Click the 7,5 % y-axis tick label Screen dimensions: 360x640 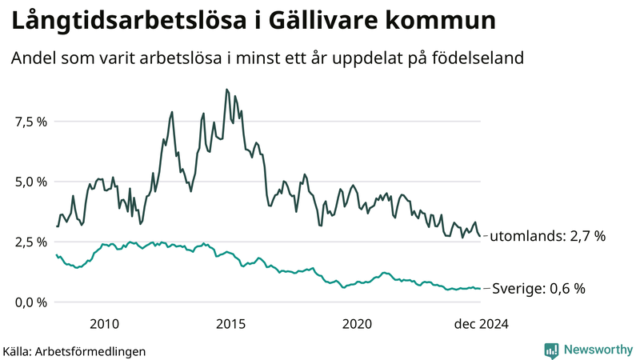[30, 122]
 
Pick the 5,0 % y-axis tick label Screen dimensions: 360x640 [30, 182]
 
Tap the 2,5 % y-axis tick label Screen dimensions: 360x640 [30, 242]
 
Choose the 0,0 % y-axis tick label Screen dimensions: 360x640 [30, 302]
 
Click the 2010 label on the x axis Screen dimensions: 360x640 [105, 323]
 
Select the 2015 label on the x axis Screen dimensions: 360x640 [231, 323]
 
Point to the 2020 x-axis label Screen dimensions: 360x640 [357, 323]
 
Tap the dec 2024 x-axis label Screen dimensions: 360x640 [482, 323]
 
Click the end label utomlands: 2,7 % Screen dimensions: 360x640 [547, 236]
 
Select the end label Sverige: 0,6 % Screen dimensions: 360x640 [538, 288]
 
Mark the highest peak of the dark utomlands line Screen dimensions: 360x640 [227, 90]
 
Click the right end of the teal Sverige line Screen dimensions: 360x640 [480, 289]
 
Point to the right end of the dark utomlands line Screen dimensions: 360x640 [480, 236]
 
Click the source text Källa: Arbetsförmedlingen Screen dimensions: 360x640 [74, 350]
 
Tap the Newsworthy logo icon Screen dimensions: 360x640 [551, 350]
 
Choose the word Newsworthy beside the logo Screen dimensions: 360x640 [597, 350]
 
